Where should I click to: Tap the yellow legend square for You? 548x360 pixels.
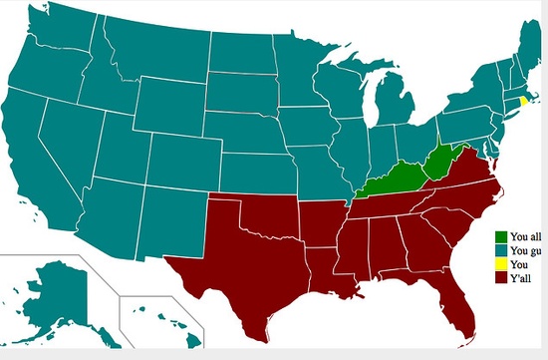(502, 263)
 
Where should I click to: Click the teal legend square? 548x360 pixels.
(502, 250)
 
